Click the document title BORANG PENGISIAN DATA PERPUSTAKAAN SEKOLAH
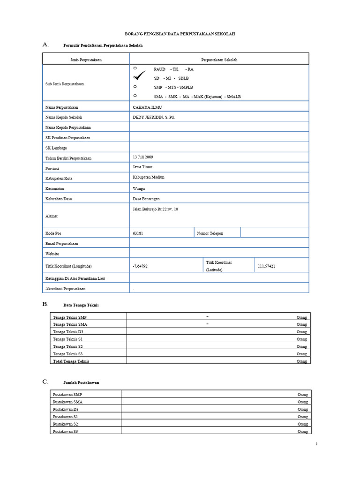(180, 34)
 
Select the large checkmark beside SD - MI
(140, 77)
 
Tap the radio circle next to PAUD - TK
(135, 69)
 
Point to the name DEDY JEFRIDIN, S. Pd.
(154, 117)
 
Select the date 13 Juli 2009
(143, 157)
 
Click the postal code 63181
(138, 233)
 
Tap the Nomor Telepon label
(210, 233)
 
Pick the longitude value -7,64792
(140, 266)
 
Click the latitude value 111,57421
(266, 266)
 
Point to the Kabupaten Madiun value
(149, 177)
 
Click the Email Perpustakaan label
(61, 243)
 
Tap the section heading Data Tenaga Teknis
(81, 305)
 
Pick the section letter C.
(45, 382)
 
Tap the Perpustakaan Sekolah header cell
(219, 60)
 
